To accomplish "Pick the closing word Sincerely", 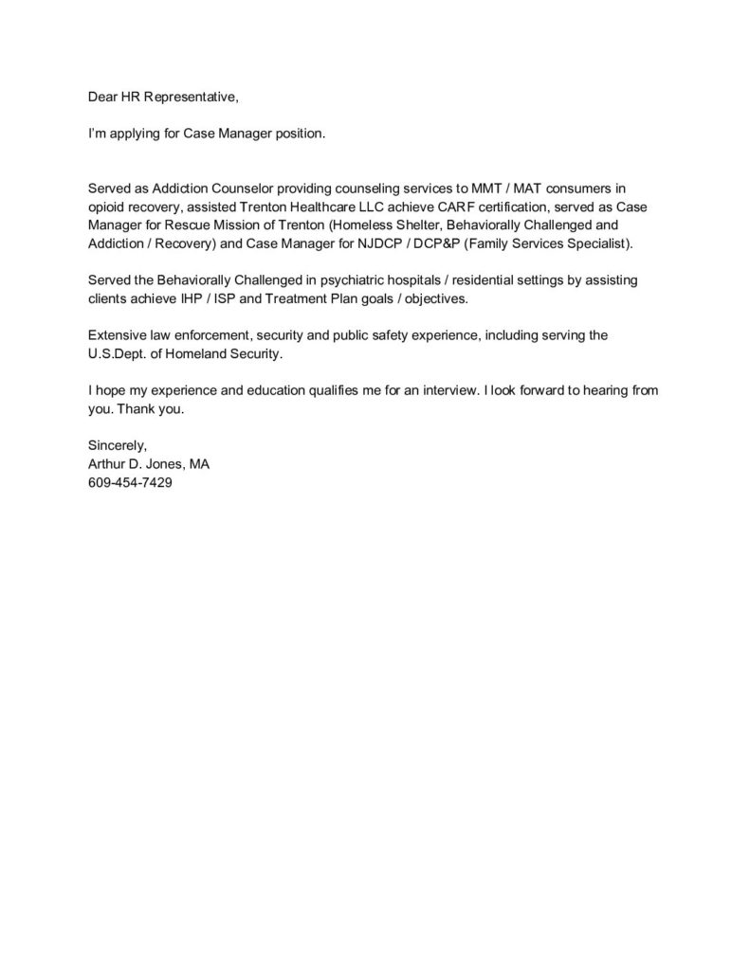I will click(117, 444).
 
